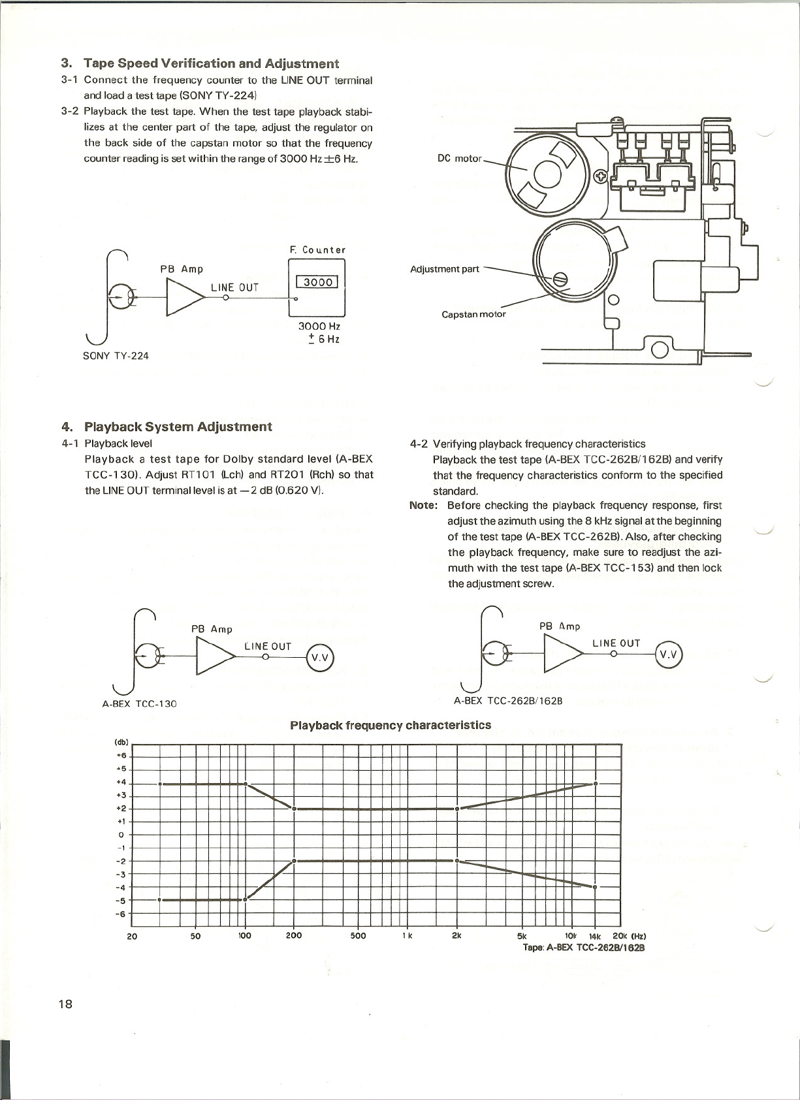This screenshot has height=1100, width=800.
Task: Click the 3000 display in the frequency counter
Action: (x=317, y=282)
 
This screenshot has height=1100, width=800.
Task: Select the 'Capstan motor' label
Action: (x=473, y=314)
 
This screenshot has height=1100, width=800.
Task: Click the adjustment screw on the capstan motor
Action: (x=560, y=280)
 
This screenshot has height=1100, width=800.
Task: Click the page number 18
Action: (x=65, y=1004)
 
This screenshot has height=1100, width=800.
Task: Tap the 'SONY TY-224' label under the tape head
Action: (x=116, y=355)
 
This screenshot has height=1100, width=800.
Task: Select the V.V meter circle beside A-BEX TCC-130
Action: (x=320, y=658)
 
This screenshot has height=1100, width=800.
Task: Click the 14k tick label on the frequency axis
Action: (x=594, y=936)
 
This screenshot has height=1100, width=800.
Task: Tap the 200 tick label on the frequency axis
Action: (x=294, y=935)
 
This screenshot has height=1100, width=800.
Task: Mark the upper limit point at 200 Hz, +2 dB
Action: (x=294, y=809)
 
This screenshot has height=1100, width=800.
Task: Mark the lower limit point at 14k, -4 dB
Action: (x=595, y=886)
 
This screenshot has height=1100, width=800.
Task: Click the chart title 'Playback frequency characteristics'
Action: (x=390, y=725)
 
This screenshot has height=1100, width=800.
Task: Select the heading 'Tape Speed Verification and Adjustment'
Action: (x=211, y=63)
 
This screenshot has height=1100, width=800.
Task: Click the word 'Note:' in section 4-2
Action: (x=423, y=505)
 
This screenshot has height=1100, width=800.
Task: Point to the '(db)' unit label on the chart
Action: (x=121, y=743)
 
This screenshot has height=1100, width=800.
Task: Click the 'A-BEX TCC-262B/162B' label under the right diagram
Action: (x=508, y=701)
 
